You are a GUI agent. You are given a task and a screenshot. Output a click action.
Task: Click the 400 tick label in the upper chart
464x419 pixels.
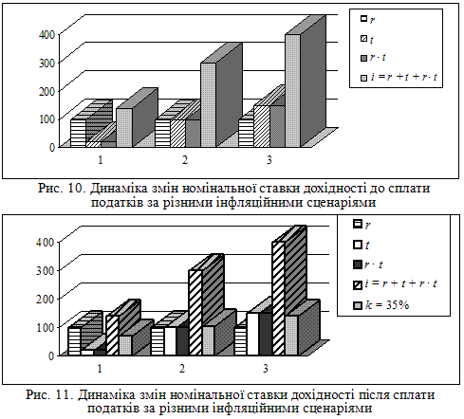pyautogui.click(x=46, y=34)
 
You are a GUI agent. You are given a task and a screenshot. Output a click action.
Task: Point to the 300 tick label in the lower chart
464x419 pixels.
pyautogui.click(x=45, y=271)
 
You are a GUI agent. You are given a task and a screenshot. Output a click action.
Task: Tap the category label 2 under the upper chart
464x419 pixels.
pyautogui.click(x=185, y=160)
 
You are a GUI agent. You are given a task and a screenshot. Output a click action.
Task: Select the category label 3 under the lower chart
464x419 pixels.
pyautogui.click(x=266, y=369)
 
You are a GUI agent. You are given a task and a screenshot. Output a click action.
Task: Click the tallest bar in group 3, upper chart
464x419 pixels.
pyautogui.click(x=293, y=90)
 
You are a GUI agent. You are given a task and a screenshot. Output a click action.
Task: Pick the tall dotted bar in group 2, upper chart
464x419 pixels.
pyautogui.click(x=209, y=104)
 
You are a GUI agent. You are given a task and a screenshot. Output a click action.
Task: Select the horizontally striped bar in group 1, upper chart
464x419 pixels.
pyautogui.click(x=78, y=133)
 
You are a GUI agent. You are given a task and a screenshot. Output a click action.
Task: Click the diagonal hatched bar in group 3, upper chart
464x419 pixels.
pyautogui.click(x=262, y=126)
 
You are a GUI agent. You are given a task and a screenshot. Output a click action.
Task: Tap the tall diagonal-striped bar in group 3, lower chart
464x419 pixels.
pyautogui.click(x=278, y=299)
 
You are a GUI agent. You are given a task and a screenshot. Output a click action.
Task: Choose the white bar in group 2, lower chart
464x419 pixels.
pyautogui.click(x=170, y=341)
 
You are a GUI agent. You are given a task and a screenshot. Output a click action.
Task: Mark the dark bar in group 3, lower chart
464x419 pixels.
pyautogui.click(x=266, y=334)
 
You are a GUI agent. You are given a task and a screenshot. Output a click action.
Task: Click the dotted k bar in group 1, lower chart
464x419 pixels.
pyautogui.click(x=125, y=345)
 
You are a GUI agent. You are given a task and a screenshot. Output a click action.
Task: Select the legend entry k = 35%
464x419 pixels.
pyautogui.click(x=381, y=305)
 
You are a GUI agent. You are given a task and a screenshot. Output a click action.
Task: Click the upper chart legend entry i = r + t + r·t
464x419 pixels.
pyautogui.click(x=399, y=77)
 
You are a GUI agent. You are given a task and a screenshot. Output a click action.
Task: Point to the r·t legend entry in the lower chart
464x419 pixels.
pyautogui.click(x=368, y=264)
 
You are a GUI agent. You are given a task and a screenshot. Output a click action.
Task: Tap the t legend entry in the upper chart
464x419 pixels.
pyautogui.click(x=367, y=39)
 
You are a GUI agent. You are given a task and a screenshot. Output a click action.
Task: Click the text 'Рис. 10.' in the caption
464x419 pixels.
pyautogui.click(x=63, y=189)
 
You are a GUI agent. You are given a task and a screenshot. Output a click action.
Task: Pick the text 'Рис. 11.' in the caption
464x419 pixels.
pyautogui.click(x=50, y=395)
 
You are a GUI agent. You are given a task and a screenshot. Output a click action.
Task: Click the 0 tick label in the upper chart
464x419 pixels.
pyautogui.click(x=52, y=147)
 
